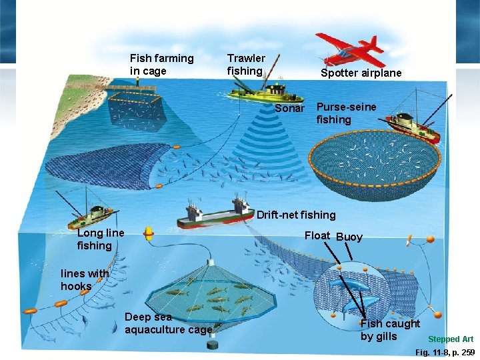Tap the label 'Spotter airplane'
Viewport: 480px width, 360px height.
(x=361, y=73)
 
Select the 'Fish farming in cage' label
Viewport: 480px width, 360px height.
(x=161, y=65)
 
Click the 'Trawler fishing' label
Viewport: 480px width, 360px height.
(x=246, y=65)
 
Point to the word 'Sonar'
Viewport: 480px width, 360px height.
(x=289, y=108)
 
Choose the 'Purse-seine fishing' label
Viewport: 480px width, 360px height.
(x=346, y=113)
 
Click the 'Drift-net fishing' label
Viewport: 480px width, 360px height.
(x=296, y=215)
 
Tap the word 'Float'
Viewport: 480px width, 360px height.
(x=317, y=235)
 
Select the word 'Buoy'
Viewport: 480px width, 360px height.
(x=349, y=237)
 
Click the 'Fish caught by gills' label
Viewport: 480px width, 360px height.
(x=390, y=330)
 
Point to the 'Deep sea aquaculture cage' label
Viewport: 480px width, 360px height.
(x=168, y=323)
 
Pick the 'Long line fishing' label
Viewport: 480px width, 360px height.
(x=101, y=239)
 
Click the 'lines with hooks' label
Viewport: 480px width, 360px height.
(x=84, y=279)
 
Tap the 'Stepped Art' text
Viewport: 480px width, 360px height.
(x=451, y=339)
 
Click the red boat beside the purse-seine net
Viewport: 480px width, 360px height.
(x=414, y=126)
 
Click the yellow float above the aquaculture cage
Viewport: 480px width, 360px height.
(x=149, y=234)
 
